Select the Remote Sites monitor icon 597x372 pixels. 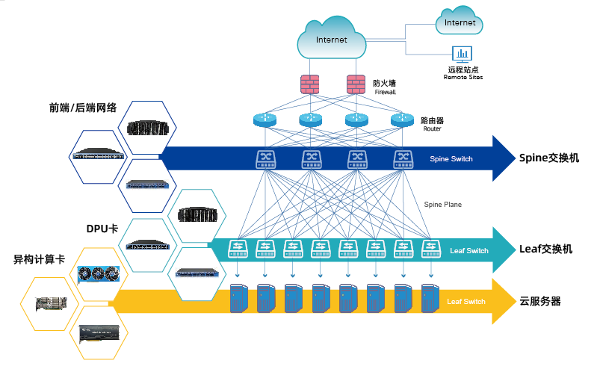pos(463,55)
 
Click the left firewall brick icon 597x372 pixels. pos(309,84)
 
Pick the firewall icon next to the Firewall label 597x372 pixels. pos(355,84)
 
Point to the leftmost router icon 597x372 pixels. pos(265,120)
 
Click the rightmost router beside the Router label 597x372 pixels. pos(402,120)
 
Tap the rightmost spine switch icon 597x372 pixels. pos(403,158)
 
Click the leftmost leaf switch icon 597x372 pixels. pos(238,248)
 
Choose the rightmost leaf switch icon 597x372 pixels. pos(430,248)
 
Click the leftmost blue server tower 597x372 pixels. pos(238,297)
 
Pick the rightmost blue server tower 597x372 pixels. pos(430,297)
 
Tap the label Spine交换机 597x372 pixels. pos(548,158)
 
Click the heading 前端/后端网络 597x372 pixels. pos(83,107)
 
